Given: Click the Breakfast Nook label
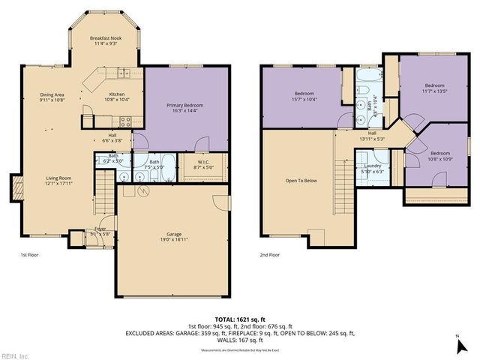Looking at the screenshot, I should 105,40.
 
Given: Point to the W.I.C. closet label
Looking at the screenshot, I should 203,166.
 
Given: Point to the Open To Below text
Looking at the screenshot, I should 298,181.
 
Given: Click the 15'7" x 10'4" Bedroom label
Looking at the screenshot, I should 304,97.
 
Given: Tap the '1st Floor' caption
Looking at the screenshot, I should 30,256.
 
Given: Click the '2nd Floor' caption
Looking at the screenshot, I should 270,256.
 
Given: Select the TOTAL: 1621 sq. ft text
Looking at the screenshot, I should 239,319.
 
